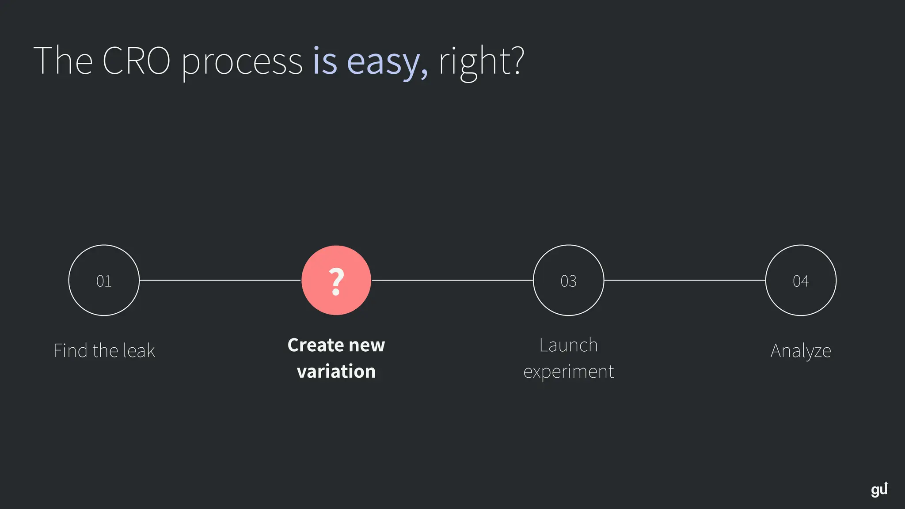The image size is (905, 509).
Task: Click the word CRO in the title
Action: pyautogui.click(x=136, y=61)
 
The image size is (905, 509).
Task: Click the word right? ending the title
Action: pyautogui.click(x=481, y=62)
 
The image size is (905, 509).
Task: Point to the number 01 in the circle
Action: pyautogui.click(x=104, y=281)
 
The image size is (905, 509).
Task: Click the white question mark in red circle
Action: pyautogui.click(x=336, y=281)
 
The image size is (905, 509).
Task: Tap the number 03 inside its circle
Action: pyautogui.click(x=568, y=281)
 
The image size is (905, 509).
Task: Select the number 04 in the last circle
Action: pyautogui.click(x=801, y=281)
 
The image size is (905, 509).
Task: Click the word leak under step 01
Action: pyautogui.click(x=139, y=351)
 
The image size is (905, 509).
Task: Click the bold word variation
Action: pyautogui.click(x=336, y=372)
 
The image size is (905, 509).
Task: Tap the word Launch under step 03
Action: pyautogui.click(x=568, y=345)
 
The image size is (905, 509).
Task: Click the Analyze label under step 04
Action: pyautogui.click(x=801, y=351)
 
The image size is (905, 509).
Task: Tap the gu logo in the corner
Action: pyautogui.click(x=879, y=489)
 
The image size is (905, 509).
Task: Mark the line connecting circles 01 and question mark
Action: pyautogui.click(x=220, y=280)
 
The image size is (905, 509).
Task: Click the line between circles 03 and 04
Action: pyautogui.click(x=684, y=280)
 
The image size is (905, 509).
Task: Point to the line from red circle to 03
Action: pyautogui.click(x=452, y=280)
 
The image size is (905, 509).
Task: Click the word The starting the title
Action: pyautogui.click(x=63, y=61)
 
